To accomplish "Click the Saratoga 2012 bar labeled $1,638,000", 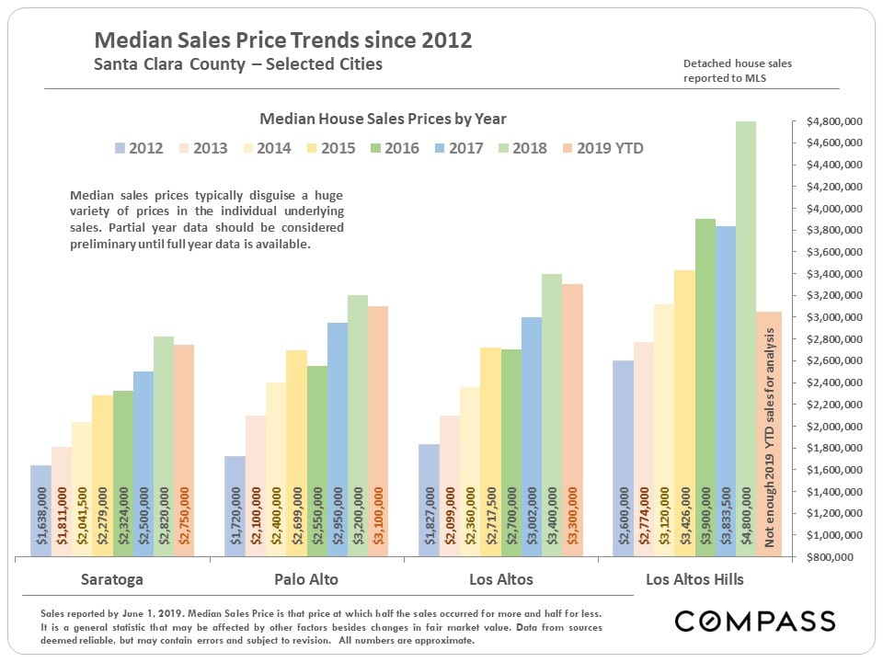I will tap(40, 510).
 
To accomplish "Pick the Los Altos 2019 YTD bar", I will tap(572, 419).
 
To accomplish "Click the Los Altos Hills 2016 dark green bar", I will tap(705, 386).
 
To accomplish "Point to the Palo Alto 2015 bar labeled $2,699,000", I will tap(296, 452).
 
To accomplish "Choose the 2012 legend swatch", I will tap(120, 148).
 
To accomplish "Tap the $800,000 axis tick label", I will tap(833, 557).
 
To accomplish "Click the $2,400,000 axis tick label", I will tap(833, 382).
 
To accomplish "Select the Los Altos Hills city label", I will tap(694, 579).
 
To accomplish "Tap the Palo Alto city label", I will tap(306, 579).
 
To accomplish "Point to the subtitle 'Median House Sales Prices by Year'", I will tap(383, 119).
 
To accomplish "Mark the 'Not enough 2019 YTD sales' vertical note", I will tap(768, 432).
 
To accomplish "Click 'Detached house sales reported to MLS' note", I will tap(737, 71).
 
